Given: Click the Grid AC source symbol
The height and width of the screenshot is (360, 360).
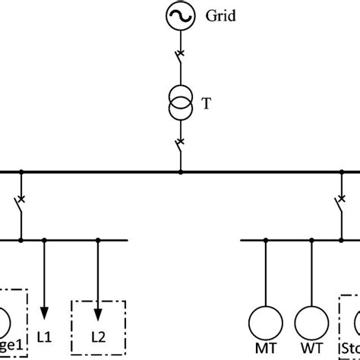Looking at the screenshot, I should pyautogui.click(x=180, y=16).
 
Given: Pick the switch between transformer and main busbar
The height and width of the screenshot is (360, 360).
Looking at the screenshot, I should pyautogui.click(x=180, y=145).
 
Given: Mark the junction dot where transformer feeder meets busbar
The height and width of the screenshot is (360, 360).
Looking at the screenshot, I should pyautogui.click(x=180, y=172).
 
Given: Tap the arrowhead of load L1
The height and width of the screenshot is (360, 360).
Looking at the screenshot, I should pyautogui.click(x=44, y=312).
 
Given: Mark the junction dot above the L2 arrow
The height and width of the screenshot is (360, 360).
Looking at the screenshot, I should pyautogui.click(x=97, y=240).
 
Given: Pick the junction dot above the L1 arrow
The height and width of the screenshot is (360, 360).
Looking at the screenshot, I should pyautogui.click(x=44, y=240).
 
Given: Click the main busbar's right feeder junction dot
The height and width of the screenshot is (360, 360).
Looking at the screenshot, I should pyautogui.click(x=339, y=172).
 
